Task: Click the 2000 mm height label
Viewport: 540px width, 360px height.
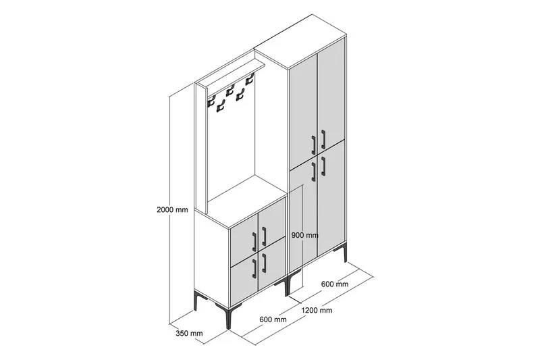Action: tap(172, 209)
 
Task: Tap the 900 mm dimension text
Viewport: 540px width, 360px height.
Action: tap(305, 235)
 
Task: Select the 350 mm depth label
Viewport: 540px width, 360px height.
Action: tap(189, 333)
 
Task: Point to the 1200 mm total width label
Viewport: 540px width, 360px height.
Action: tap(317, 310)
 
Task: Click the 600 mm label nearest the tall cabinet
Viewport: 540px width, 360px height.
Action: tap(335, 284)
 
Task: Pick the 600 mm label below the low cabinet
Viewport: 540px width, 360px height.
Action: tap(273, 319)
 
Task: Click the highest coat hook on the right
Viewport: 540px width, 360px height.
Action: tap(249, 81)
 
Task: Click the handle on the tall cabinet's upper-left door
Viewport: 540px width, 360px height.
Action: tap(313, 145)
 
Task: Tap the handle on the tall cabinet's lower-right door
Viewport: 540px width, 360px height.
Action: tap(323, 166)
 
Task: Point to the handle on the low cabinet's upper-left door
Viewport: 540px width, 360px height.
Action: tap(254, 242)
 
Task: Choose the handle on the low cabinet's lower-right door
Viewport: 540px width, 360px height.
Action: tap(264, 263)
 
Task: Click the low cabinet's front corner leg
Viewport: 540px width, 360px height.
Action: tap(227, 317)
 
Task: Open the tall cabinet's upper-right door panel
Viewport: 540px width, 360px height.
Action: tap(331, 94)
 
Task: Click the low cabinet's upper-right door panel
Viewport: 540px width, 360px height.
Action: tap(272, 222)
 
